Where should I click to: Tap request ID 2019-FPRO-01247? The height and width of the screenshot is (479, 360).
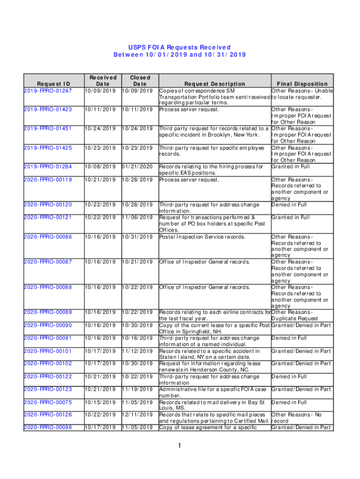pyautogui.click(x=48, y=90)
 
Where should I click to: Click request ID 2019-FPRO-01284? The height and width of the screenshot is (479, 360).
pyautogui.click(x=48, y=167)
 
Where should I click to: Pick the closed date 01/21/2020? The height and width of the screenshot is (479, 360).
pyautogui.click(x=137, y=167)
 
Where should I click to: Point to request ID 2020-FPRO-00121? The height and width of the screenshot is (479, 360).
pyautogui.click(x=48, y=218)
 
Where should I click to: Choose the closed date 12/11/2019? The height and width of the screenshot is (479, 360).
pyautogui.click(x=137, y=414)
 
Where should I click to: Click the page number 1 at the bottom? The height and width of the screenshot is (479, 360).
pyautogui.click(x=180, y=446)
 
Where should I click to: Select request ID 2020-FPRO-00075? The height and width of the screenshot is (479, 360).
pyautogui.click(x=48, y=402)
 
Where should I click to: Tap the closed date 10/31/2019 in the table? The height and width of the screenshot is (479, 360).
pyautogui.click(x=137, y=237)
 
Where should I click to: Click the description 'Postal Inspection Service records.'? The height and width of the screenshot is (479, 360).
pyautogui.click(x=202, y=237)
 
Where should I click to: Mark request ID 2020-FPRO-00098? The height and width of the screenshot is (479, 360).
pyautogui.click(x=48, y=427)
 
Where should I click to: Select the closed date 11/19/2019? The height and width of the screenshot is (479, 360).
pyautogui.click(x=137, y=389)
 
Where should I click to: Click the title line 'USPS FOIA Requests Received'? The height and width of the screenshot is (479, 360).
pyautogui.click(x=180, y=47)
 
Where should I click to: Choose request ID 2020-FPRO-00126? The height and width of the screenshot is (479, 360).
pyautogui.click(x=48, y=414)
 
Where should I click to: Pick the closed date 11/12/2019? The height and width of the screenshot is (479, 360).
pyautogui.click(x=137, y=351)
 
